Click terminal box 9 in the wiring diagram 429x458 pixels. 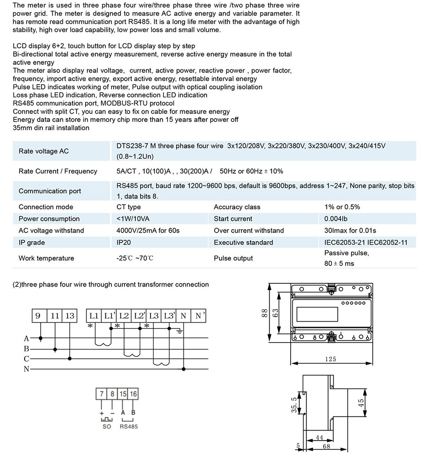click(x=38, y=316)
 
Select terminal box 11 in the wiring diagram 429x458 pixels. click(x=55, y=316)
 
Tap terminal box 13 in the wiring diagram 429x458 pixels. click(x=69, y=316)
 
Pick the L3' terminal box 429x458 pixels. click(x=169, y=316)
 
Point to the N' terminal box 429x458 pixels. click(x=199, y=316)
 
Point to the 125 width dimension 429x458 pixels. click(x=330, y=359)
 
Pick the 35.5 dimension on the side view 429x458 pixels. click(x=294, y=404)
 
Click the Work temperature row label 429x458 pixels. click(x=46, y=258)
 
